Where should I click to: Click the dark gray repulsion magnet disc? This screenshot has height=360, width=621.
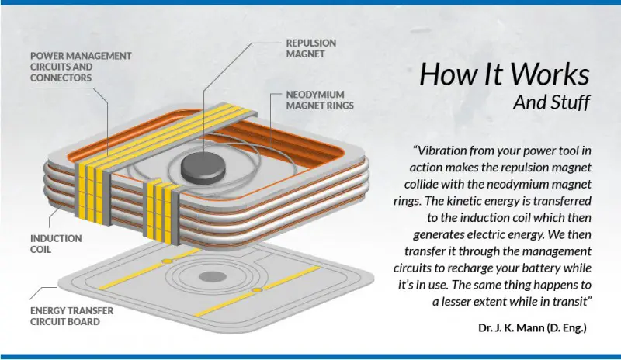pos(203,168)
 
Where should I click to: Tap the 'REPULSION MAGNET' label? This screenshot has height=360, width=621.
pos(311,48)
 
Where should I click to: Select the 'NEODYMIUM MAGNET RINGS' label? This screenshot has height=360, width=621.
pos(320,100)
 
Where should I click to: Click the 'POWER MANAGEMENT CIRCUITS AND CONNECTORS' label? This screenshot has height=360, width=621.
pos(81,67)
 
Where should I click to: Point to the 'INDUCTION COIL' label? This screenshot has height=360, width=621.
pos(56,244)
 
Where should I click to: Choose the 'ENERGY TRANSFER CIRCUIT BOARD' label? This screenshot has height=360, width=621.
pos(71,316)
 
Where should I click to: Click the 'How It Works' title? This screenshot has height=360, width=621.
pos(505,74)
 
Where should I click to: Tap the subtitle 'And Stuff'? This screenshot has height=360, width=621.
pos(552,102)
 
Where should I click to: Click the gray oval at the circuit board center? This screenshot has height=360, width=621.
pos(212,276)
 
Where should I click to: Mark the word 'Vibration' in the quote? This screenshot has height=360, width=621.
pos(442,151)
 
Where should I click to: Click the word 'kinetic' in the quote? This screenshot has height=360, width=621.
pos(468,201)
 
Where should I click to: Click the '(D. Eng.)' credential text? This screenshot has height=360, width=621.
pos(567,328)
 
